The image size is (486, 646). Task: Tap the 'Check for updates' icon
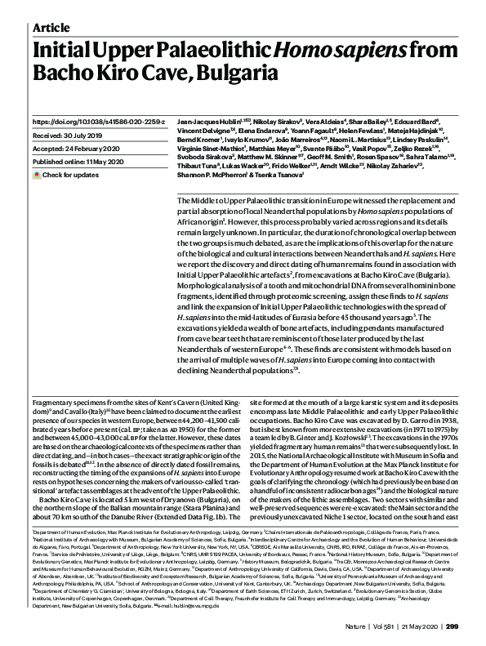37,175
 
